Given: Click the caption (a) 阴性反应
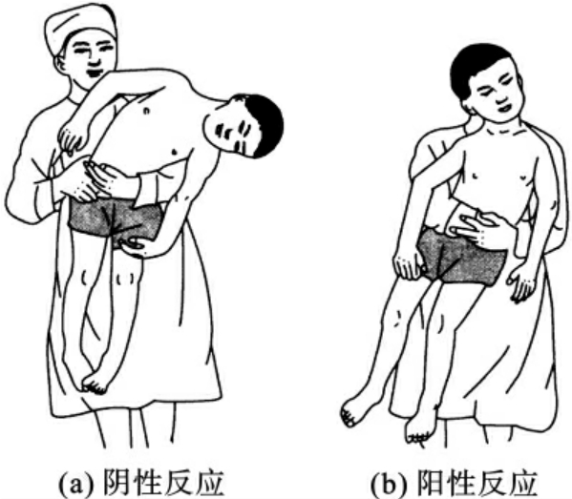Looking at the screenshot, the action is (x=140, y=482).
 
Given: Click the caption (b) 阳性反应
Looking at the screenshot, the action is (x=454, y=482).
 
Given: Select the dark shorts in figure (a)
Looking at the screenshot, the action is (x=115, y=220).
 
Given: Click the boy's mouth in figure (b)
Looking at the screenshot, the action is (x=504, y=108).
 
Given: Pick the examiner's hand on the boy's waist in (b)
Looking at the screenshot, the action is (x=475, y=226).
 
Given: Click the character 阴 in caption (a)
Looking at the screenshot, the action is (x=116, y=482).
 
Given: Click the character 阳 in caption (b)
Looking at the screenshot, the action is (x=430, y=482).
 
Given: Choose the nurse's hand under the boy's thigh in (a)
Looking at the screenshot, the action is (x=136, y=247).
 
